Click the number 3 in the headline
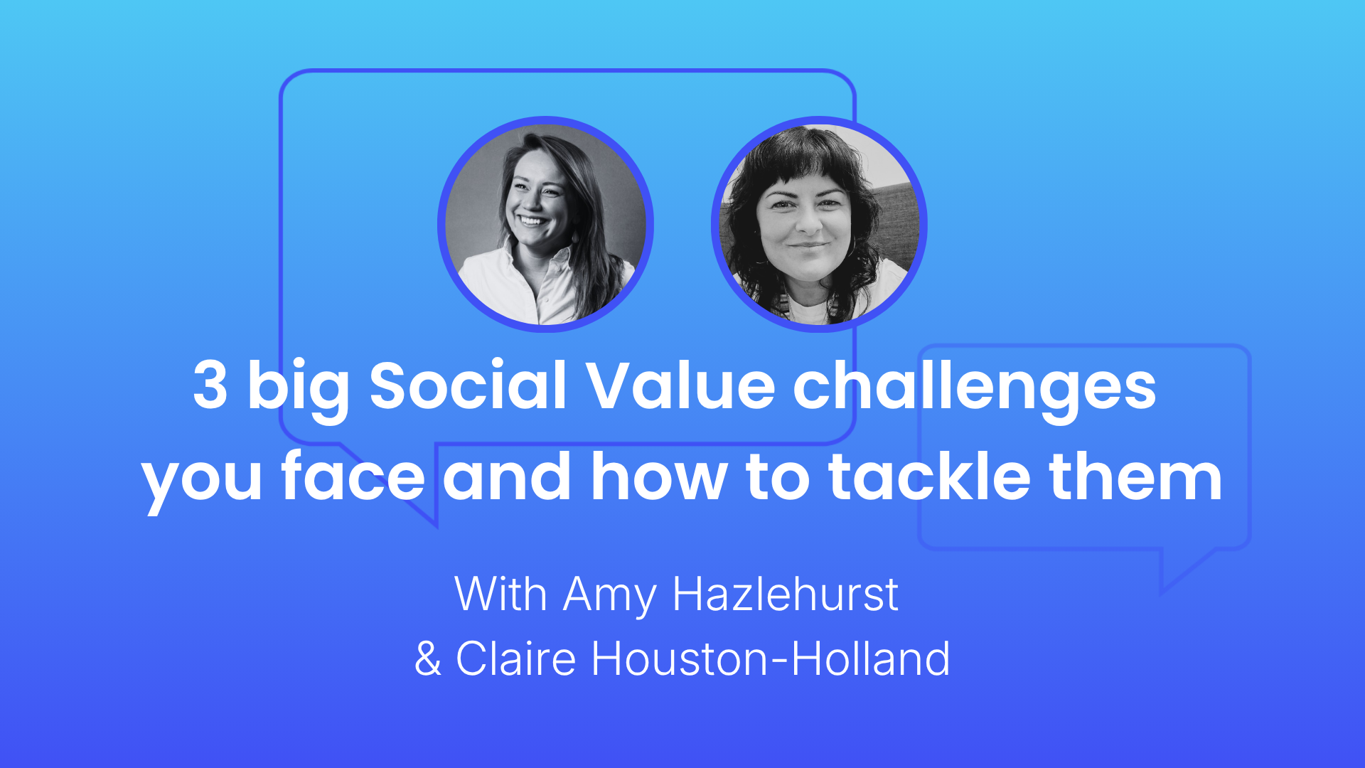tap(210, 385)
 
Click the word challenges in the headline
tap(975, 390)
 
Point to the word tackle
tap(930, 475)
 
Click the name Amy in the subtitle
tap(609, 596)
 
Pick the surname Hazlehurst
tap(786, 593)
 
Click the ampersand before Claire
tap(427, 658)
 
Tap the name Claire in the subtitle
tap(515, 658)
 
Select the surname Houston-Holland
tap(771, 658)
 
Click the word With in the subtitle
tap(500, 593)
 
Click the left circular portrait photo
tap(545, 224)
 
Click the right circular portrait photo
tap(819, 224)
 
